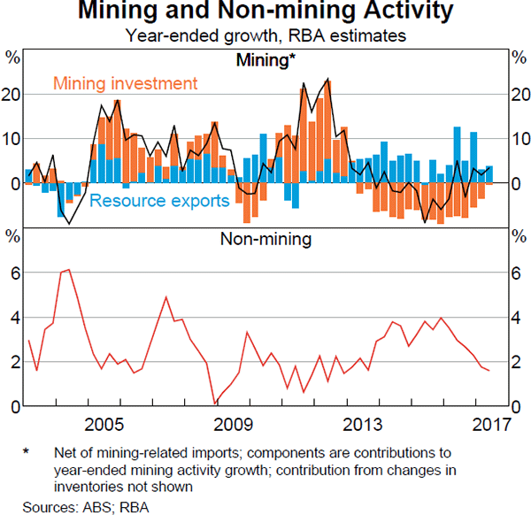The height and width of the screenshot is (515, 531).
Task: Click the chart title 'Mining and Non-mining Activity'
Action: point(265,12)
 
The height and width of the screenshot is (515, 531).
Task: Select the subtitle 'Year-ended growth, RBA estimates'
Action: point(265,36)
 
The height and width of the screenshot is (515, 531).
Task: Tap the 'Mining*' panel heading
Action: point(265,60)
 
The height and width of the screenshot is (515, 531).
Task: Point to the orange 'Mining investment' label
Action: point(124,84)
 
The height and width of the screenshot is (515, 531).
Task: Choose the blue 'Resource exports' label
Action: point(159,201)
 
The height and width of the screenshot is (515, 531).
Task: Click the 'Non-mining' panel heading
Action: point(265,238)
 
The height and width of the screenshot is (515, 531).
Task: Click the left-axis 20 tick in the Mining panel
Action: point(12,95)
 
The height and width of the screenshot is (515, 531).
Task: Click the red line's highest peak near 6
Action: point(68,269)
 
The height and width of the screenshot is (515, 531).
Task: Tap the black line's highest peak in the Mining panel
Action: point(328,79)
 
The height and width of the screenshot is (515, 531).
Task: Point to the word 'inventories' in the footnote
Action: point(91,486)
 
